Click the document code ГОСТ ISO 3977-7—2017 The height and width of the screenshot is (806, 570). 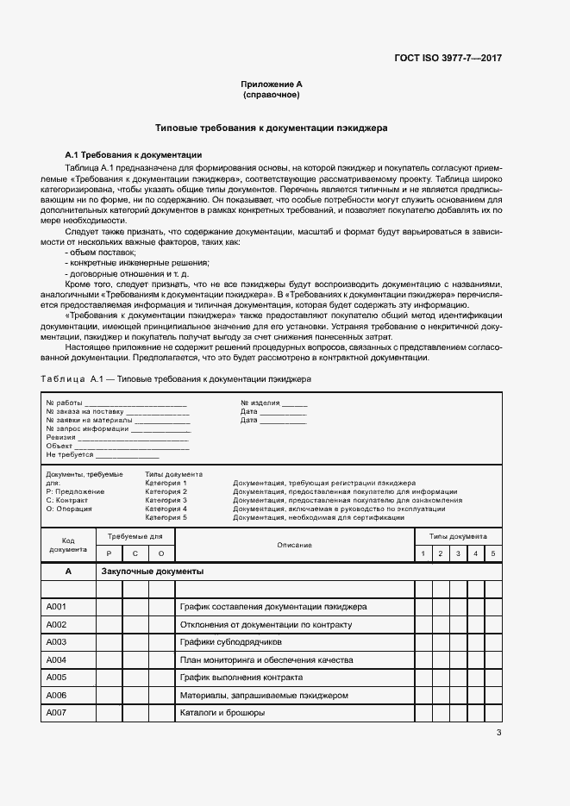point(447,59)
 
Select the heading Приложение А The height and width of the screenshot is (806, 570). point(272,84)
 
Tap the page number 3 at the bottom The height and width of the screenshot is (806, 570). point(498,733)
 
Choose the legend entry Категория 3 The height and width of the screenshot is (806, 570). point(166,500)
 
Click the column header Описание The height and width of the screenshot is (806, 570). point(294,545)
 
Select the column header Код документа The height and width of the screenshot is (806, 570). point(68,545)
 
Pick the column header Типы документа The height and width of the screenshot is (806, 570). point(458,535)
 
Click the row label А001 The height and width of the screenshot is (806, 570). point(57,607)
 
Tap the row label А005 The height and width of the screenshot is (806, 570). point(57,678)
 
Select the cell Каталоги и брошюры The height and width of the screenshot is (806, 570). point(222,713)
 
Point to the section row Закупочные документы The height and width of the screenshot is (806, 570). point(152,572)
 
